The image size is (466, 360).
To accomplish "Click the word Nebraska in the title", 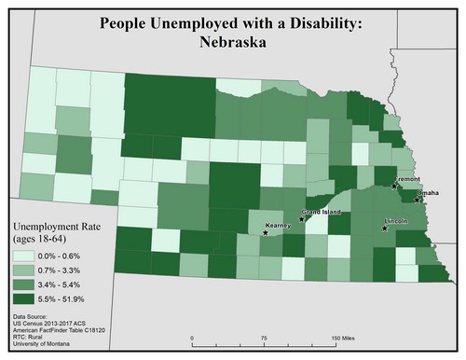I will (x=232, y=42).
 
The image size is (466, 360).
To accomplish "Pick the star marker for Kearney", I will (x=266, y=233).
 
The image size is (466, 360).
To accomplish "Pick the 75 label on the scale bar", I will (x=262, y=338).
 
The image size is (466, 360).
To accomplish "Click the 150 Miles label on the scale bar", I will (x=341, y=338).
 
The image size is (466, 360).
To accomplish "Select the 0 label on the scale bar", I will (x=191, y=338).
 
